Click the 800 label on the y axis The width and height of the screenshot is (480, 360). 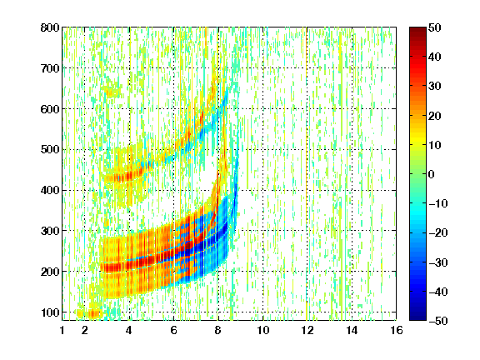pyautogui.click(x=50, y=27)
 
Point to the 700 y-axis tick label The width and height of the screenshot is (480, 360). pyautogui.click(x=50, y=68)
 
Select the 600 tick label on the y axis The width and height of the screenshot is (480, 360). pyautogui.click(x=50, y=109)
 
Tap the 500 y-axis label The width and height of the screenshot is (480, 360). pyautogui.click(x=50, y=150)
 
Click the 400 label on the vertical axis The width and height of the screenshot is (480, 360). pyautogui.click(x=50, y=190)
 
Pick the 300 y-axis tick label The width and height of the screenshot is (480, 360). pyautogui.click(x=50, y=231)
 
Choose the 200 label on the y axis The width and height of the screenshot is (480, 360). pyautogui.click(x=50, y=272)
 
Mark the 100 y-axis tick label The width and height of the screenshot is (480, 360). pyautogui.click(x=50, y=312)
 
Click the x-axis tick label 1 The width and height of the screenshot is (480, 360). pyautogui.click(x=62, y=330)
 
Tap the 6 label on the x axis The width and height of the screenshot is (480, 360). pyautogui.click(x=173, y=330)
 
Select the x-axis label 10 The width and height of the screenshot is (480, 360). pyautogui.click(x=262, y=330)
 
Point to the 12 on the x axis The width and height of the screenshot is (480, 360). pyautogui.click(x=307, y=330)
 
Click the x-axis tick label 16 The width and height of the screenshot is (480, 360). pyautogui.click(x=397, y=330)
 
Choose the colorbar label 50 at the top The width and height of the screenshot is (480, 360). pyautogui.click(x=434, y=27)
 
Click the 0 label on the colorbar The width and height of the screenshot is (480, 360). pyautogui.click(x=432, y=174)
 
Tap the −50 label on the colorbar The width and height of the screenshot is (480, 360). pyautogui.click(x=438, y=321)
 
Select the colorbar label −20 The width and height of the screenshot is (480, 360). pyautogui.click(x=438, y=232)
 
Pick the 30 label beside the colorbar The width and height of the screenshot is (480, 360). pyautogui.click(x=434, y=86)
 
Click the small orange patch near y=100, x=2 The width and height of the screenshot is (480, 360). pyautogui.click(x=89, y=313)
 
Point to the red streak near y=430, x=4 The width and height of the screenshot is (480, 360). pyautogui.click(x=124, y=176)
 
